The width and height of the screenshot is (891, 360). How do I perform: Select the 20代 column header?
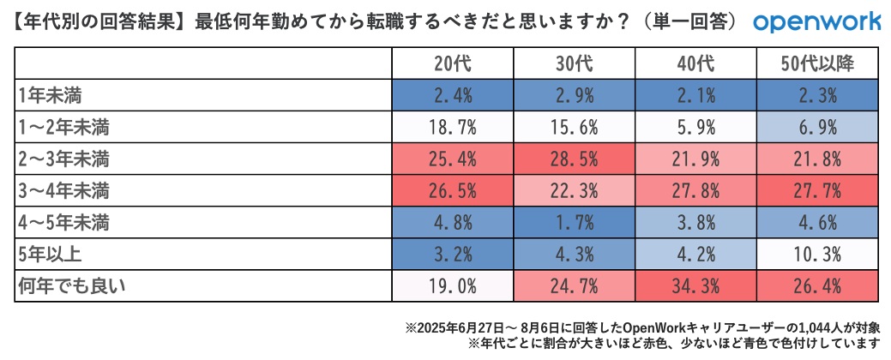click(453, 63)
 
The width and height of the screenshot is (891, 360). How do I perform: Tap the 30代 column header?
click(574, 63)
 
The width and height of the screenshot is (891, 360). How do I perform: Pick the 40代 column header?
click(695, 63)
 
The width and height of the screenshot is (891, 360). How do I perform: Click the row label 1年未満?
click(51, 94)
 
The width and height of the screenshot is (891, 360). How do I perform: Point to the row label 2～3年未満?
click(64, 159)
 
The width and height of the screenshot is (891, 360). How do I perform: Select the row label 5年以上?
click(51, 255)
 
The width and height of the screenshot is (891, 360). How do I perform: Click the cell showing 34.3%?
click(695, 286)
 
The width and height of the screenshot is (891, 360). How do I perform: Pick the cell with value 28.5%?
click(574, 159)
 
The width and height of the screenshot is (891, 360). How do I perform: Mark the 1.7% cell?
click(574, 223)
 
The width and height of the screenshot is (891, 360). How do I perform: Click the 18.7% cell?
click(453, 127)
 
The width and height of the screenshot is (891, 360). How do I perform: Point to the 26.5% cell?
click(453, 190)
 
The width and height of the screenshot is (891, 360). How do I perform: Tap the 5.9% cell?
click(695, 127)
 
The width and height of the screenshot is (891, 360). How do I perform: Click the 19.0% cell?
click(453, 286)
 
